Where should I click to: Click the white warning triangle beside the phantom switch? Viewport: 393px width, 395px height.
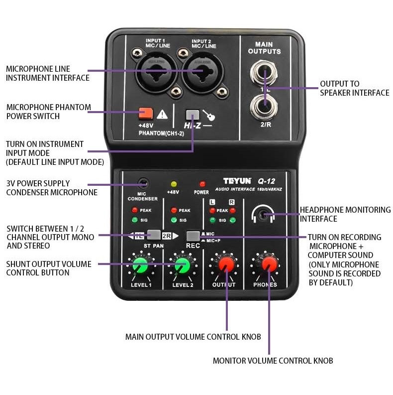coord(162,115)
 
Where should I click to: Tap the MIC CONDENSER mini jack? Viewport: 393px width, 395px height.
coord(143,184)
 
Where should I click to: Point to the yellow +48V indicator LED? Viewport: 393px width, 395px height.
coord(173,184)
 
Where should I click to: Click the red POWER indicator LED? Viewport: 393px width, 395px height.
coord(202,184)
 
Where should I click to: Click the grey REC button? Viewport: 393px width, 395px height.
coord(193,236)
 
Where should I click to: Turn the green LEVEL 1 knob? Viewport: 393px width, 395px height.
coord(141,266)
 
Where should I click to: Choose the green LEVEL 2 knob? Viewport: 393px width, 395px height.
coord(182,266)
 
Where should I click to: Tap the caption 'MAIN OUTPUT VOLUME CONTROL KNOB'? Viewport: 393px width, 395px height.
coord(193,337)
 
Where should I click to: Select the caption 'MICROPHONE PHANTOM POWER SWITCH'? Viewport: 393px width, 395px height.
coord(48,112)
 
